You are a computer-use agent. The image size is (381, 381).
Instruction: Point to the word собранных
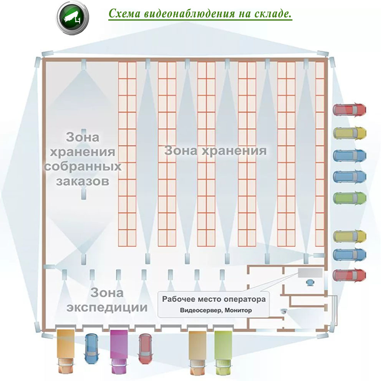[83, 166]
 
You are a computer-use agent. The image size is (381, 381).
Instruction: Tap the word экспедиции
[107, 307]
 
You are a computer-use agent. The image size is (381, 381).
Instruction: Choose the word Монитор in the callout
[239, 310]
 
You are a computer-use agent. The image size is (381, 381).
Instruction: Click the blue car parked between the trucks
[92, 345]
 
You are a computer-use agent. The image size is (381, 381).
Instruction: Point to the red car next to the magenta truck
[146, 348]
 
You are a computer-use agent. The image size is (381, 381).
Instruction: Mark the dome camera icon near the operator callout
[284, 311]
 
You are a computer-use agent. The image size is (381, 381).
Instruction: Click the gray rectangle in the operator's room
[309, 273]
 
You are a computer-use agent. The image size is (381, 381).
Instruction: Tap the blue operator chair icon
[310, 283]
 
